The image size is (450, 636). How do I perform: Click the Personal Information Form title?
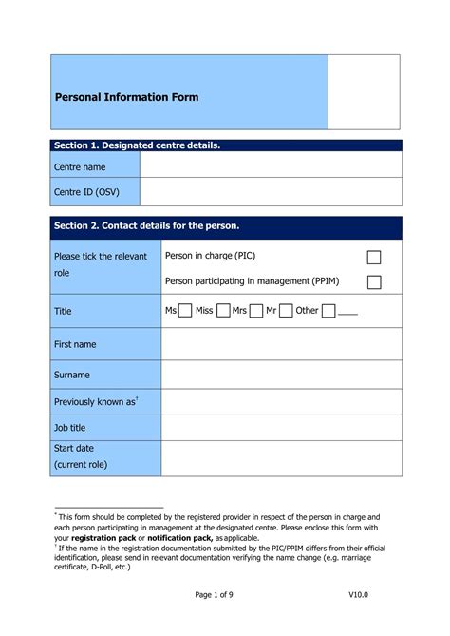[x=126, y=97]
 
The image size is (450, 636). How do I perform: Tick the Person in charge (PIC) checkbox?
[x=374, y=258]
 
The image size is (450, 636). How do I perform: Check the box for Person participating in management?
[x=374, y=281]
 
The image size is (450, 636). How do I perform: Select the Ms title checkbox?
[x=186, y=311]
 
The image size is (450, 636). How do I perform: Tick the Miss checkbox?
[x=222, y=311]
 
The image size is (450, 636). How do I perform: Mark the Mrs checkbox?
[x=255, y=311]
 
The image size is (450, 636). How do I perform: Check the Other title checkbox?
[x=328, y=311]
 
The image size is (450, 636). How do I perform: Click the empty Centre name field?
[x=270, y=166]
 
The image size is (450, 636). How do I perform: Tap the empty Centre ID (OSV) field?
[x=270, y=192]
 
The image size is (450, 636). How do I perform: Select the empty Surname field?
[x=281, y=375]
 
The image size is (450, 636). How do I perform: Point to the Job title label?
[x=70, y=428]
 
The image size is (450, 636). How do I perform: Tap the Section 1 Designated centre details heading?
[x=137, y=145]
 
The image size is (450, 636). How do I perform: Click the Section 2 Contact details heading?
[x=147, y=225]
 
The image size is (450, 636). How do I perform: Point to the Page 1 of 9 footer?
[x=219, y=594]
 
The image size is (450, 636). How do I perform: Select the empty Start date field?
[x=281, y=456]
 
